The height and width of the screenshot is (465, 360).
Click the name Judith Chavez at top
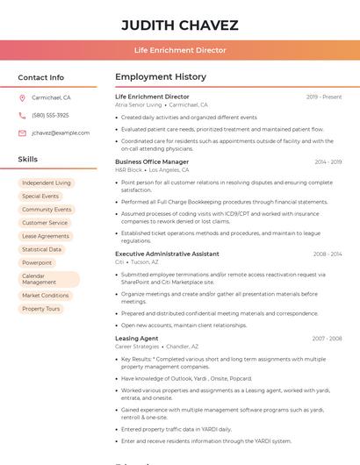click(x=179, y=25)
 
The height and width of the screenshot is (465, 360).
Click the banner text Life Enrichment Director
click(x=179, y=50)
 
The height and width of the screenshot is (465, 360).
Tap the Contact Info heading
click(x=41, y=77)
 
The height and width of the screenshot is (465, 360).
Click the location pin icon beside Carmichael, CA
click(x=22, y=98)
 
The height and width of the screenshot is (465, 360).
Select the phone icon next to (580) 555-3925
click(x=22, y=115)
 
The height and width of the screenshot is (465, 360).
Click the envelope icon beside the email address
click(x=22, y=132)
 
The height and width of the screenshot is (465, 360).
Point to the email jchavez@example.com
click(x=61, y=132)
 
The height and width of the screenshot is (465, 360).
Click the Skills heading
click(x=28, y=160)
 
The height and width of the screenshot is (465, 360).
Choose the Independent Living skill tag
click(x=47, y=182)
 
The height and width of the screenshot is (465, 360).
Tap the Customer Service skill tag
click(x=45, y=223)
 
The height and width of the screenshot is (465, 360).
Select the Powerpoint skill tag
click(x=37, y=262)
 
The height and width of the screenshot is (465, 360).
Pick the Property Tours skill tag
click(x=41, y=309)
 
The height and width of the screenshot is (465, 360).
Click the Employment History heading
click(x=161, y=77)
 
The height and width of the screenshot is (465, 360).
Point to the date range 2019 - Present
click(x=324, y=97)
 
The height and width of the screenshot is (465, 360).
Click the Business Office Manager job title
click(x=152, y=161)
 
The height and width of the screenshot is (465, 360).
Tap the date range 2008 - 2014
click(x=328, y=254)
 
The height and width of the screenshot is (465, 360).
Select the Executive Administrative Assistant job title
click(x=167, y=254)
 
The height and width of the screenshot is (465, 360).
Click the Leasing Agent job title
click(x=137, y=338)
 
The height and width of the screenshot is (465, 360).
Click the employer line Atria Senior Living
click(x=139, y=104)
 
